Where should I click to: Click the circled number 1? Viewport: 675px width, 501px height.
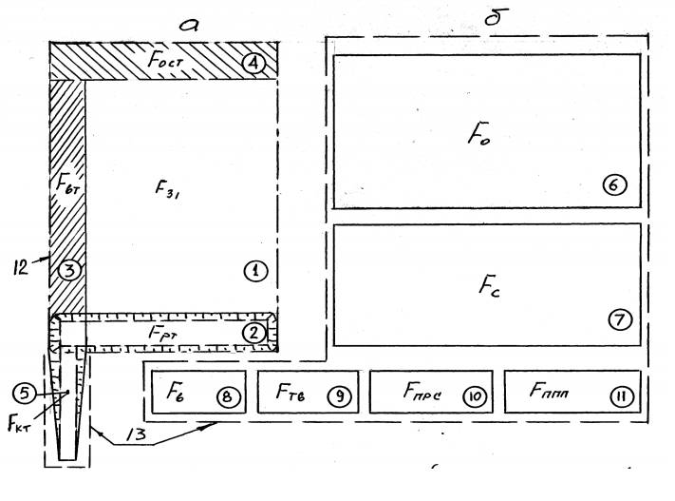point(254,272)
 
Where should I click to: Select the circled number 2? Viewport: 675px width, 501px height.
point(254,332)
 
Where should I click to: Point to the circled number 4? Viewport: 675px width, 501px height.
point(253,65)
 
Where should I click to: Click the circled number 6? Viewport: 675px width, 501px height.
point(614,185)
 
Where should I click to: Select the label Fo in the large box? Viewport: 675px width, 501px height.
point(476,134)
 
